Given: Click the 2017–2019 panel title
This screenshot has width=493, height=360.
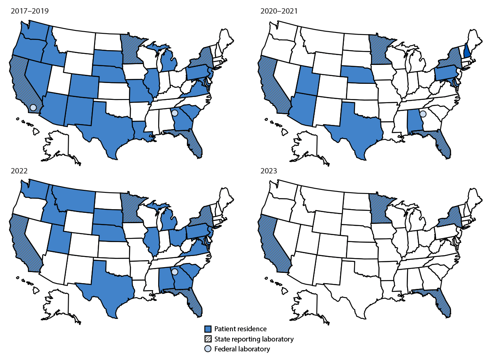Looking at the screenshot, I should [30, 11].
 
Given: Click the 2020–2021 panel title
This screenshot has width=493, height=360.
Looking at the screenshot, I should [279, 11].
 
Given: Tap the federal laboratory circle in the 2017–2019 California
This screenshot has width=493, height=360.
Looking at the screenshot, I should [33, 107].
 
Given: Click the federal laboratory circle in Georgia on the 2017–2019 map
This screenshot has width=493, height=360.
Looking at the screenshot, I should [175, 113].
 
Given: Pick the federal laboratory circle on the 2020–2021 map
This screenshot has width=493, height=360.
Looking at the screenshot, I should [423, 114].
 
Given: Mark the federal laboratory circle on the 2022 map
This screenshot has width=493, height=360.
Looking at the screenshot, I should [175, 272].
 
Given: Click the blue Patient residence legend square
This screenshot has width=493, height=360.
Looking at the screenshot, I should [208, 329].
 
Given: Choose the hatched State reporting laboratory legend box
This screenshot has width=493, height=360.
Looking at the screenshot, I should [208, 339].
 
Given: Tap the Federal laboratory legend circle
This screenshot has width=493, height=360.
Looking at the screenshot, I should [208, 349].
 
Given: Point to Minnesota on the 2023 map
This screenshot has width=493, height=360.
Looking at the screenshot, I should [380, 205].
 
